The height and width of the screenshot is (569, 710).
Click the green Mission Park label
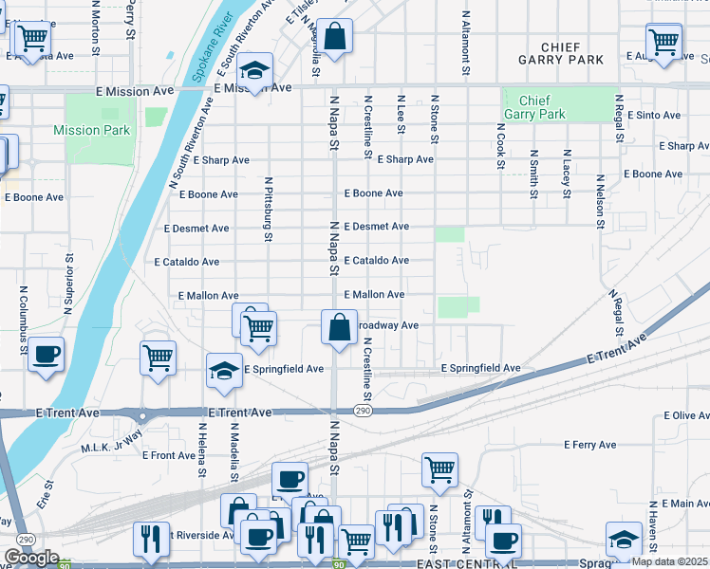point(91,130)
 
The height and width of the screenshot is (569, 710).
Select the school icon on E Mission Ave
point(254,71)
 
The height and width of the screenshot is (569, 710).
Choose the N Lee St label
point(401,113)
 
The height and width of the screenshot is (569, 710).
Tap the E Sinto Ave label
point(654,116)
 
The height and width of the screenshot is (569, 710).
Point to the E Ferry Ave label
point(589,445)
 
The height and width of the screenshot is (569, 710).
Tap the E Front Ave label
point(169,455)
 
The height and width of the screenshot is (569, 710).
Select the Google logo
point(31,558)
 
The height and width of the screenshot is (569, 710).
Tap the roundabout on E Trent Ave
point(143,415)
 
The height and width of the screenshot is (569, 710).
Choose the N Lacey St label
point(567,167)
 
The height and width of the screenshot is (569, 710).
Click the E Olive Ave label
point(686,415)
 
